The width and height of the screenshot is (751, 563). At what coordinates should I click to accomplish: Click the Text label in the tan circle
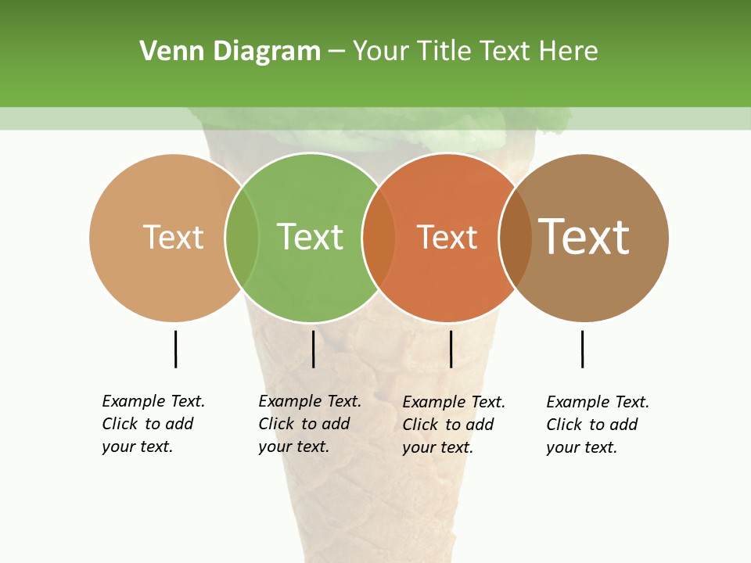173,237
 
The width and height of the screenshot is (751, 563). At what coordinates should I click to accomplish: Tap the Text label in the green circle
310,237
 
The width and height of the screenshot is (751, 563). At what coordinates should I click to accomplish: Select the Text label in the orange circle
447,237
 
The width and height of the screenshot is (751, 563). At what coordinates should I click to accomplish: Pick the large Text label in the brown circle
584,237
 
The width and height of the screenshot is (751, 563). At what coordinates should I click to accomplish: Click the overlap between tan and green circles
242,238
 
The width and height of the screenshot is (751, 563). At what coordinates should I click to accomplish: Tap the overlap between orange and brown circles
516,238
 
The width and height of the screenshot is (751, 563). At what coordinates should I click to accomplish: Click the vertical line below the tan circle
175,349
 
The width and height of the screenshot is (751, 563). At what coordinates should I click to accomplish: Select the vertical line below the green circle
313,349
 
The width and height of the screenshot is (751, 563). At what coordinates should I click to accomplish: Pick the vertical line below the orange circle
451,349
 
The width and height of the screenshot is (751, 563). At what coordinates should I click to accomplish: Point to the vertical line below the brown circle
582,349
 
